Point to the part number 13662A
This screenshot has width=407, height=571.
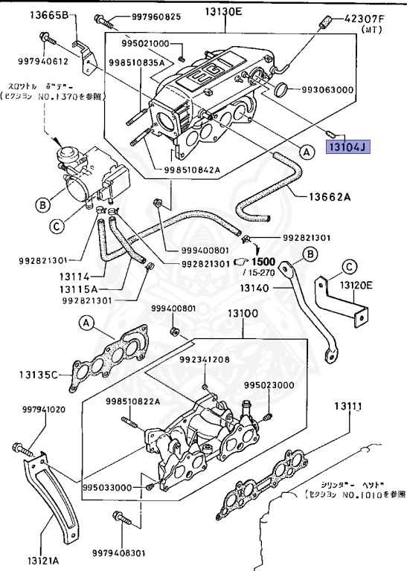tap(327, 197)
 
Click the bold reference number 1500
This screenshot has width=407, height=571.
tap(263, 262)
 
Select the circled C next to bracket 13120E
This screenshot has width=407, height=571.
tap(349, 266)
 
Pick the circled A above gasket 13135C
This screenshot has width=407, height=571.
tap(86, 323)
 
